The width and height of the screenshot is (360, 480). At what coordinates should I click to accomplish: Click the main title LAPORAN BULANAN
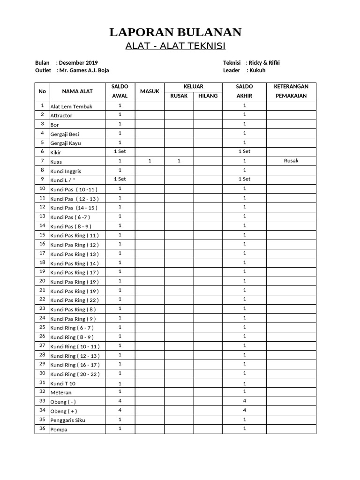[175, 32]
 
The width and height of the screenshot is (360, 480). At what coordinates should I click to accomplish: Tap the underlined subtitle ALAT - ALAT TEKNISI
[175, 46]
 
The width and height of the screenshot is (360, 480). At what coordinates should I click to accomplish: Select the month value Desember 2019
[78, 63]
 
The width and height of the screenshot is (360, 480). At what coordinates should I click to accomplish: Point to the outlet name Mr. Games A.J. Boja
[84, 71]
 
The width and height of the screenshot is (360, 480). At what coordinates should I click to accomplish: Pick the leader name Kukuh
[257, 71]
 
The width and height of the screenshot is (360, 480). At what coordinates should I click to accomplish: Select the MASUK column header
[150, 91]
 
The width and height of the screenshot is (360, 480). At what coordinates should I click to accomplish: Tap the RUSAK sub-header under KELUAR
[179, 96]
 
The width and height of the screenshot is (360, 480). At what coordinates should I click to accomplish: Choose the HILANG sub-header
[208, 96]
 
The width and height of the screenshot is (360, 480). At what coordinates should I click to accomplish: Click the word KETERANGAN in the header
[291, 87]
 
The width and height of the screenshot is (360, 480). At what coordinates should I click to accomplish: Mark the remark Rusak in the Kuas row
[291, 161]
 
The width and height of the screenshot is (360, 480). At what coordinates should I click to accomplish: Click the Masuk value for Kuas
[150, 161]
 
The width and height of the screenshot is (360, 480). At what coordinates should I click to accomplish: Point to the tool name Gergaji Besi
[65, 134]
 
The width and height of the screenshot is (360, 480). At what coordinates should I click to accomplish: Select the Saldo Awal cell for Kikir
[120, 151]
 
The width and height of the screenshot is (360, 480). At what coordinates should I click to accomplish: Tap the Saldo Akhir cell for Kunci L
[244, 179]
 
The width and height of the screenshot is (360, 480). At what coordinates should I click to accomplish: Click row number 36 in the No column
[42, 428]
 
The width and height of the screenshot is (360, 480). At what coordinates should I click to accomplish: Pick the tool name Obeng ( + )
[65, 411]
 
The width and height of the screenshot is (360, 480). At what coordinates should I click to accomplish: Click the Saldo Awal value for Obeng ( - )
[120, 401]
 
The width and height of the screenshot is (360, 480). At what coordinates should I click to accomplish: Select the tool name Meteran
[61, 392]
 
